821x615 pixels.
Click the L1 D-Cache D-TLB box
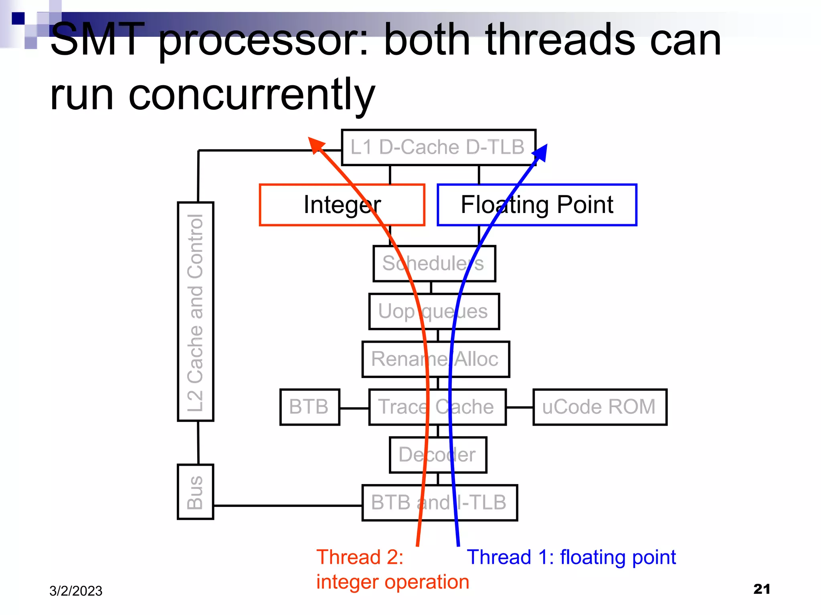439,147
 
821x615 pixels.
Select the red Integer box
342,205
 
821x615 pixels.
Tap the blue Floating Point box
537,205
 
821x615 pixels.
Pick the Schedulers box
434,263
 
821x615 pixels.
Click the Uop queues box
434,312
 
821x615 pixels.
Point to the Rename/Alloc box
436,359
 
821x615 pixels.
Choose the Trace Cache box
437,407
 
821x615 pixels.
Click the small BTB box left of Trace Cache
309,407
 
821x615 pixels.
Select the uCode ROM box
600,407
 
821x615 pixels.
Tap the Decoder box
438,455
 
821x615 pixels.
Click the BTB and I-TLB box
439,502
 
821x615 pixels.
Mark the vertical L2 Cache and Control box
196,312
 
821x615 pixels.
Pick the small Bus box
196,492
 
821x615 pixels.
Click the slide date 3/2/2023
76,591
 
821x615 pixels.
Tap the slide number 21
762,589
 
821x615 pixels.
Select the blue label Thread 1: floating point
571,557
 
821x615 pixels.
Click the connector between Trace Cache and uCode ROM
520,407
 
